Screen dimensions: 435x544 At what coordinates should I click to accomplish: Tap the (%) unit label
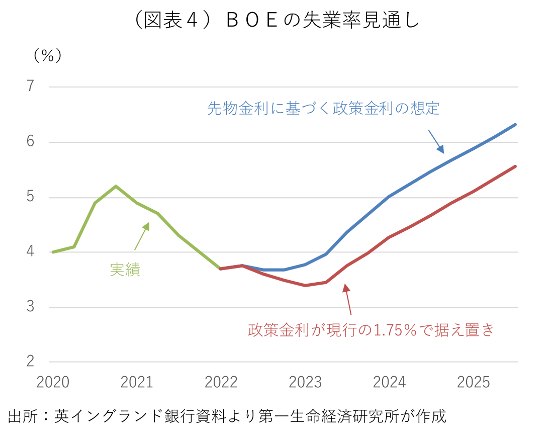pyautogui.click(x=48, y=55)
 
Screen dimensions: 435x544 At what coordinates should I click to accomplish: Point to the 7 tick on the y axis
pyautogui.click(x=31, y=86)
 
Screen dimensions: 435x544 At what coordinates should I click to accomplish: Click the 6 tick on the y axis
pyautogui.click(x=31, y=142)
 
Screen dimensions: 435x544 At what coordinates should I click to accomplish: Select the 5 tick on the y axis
pyautogui.click(x=31, y=197)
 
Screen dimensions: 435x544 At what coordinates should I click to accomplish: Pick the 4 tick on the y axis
pyautogui.click(x=31, y=251)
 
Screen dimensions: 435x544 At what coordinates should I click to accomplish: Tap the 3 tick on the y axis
pyautogui.click(x=31, y=306)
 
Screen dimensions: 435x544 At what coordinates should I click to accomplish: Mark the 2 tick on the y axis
pyautogui.click(x=31, y=361)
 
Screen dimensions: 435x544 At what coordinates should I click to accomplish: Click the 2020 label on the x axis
pyautogui.click(x=53, y=383)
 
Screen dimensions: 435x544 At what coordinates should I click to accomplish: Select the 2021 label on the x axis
pyautogui.click(x=137, y=383)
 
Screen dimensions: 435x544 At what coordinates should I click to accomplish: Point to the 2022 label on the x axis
pyautogui.click(x=221, y=383)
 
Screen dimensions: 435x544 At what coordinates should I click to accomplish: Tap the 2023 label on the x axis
pyautogui.click(x=305, y=383)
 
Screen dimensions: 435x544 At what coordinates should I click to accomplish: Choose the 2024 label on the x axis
pyautogui.click(x=389, y=383)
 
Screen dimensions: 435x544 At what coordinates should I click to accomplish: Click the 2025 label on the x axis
pyautogui.click(x=473, y=383)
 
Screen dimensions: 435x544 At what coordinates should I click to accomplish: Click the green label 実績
pyautogui.click(x=125, y=270)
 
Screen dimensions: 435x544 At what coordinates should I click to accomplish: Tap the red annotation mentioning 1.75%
pyautogui.click(x=372, y=330)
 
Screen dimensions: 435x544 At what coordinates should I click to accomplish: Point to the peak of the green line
pyautogui.click(x=116, y=186)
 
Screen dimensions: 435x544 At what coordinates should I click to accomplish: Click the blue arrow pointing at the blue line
pyautogui.click(x=436, y=141)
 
